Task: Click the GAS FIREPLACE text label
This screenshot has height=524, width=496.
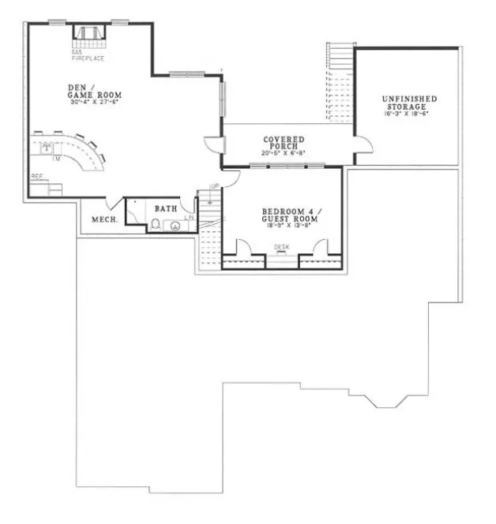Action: pyautogui.click(x=88, y=55)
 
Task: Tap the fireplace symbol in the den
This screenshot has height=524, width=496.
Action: pyautogui.click(x=88, y=36)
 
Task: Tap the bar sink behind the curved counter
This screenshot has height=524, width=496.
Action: pyautogui.click(x=47, y=148)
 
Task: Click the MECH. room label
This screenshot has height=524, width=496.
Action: pyautogui.click(x=105, y=219)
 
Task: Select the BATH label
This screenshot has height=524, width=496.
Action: pyautogui.click(x=165, y=208)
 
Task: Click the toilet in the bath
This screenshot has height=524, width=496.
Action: pyautogui.click(x=156, y=225)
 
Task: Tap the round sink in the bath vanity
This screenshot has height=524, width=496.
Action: pyautogui.click(x=175, y=226)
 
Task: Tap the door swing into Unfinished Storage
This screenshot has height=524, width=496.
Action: pyautogui.click(x=362, y=144)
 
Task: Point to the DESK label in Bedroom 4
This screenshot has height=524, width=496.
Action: pyautogui.click(x=282, y=247)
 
